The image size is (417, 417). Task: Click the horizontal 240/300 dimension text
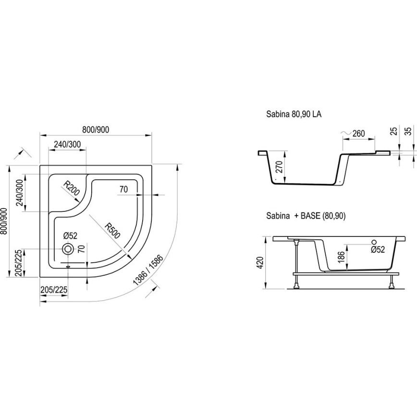pyautogui.click(x=67, y=144)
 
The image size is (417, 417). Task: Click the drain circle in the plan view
pyautogui.click(x=69, y=249)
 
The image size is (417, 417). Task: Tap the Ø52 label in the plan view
pyautogui.click(x=71, y=235)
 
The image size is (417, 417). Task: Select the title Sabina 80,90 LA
pyautogui.click(x=294, y=115)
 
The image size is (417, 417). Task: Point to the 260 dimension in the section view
pyautogui.click(x=358, y=133)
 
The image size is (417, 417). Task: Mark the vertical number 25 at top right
pyautogui.click(x=394, y=131)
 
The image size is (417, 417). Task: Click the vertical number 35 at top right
pyautogui.click(x=408, y=131)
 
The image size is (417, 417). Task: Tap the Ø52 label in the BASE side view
pyautogui.click(x=378, y=250)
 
